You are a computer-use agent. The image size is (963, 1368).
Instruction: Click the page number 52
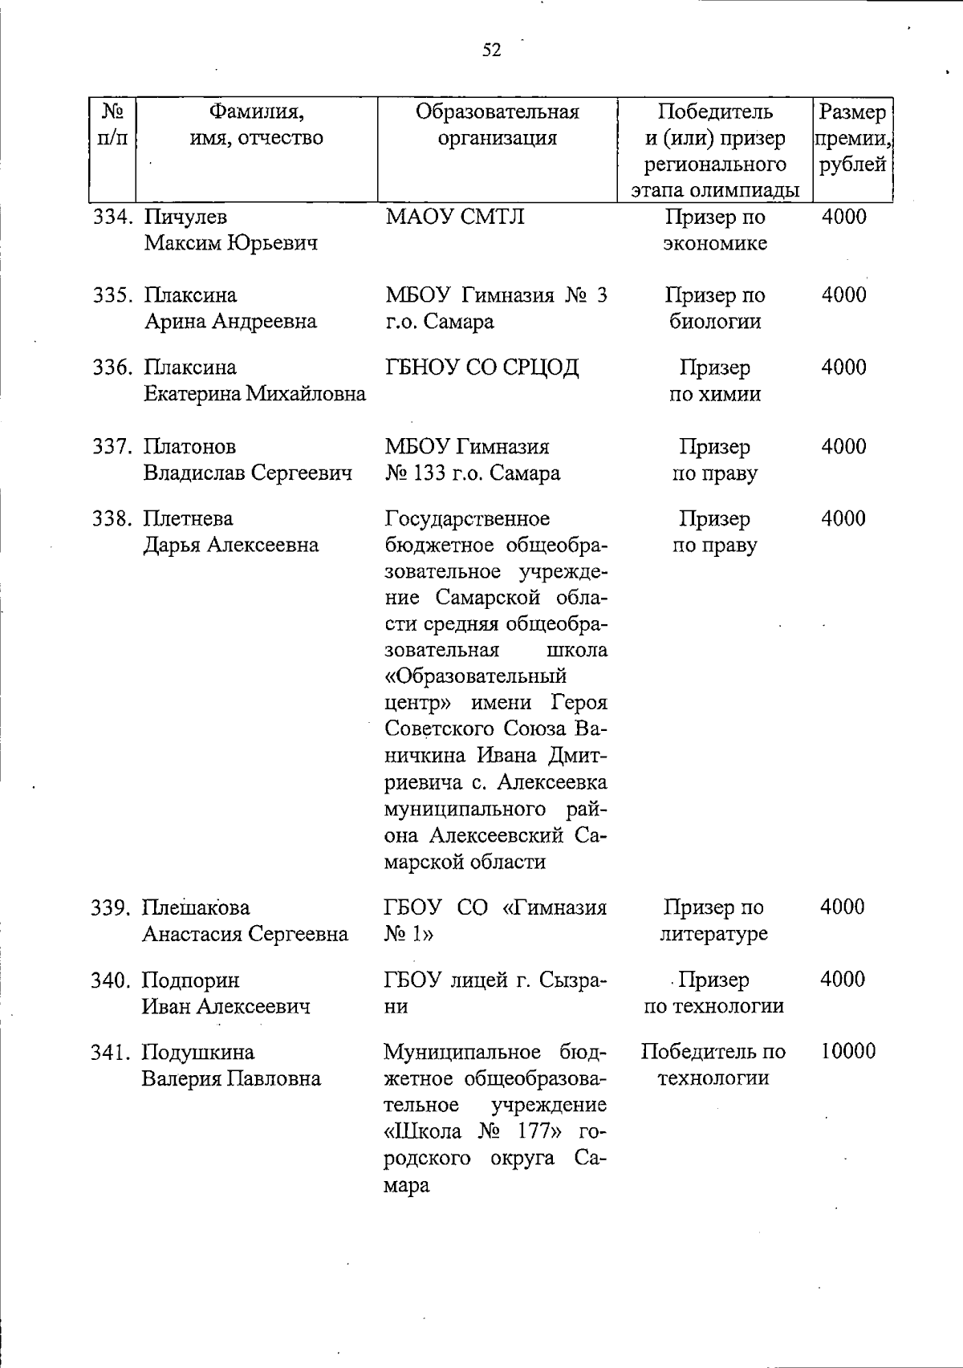[491, 51]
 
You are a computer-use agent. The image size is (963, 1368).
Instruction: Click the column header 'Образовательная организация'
[497, 124]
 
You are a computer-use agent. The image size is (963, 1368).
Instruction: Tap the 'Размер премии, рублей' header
[852, 138]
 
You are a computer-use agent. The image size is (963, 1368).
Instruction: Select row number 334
[112, 217]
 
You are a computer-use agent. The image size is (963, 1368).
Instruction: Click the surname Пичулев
[185, 217]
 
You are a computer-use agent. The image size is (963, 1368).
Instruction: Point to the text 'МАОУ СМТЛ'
[454, 217]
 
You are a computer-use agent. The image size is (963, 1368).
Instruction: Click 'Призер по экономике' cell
[714, 230]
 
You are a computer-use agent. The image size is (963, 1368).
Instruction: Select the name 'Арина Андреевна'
[230, 322]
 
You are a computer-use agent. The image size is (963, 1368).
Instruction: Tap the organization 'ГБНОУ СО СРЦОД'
[481, 368]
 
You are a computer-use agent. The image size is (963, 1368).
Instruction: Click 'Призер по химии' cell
[714, 381]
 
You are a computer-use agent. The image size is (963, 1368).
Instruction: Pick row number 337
[112, 447]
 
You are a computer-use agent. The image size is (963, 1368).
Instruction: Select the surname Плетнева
[188, 519]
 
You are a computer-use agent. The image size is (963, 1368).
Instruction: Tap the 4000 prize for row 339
[843, 907]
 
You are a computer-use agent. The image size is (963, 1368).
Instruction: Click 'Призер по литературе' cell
[713, 920]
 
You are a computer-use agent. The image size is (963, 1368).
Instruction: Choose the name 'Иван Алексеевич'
[226, 1006]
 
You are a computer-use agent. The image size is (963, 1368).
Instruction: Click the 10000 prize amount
[847, 1052]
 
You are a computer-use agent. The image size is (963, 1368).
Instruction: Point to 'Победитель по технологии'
[713, 1065]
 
